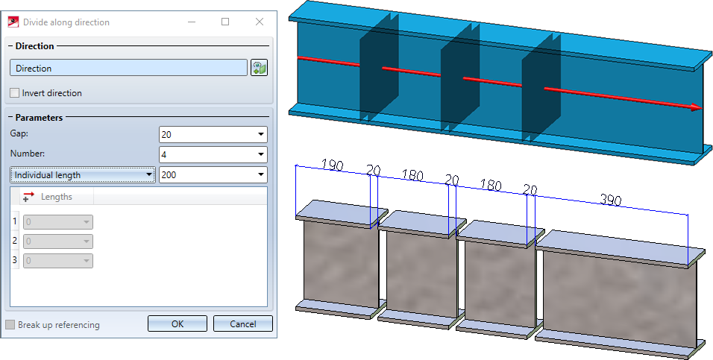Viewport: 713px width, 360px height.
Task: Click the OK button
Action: [x=177, y=324]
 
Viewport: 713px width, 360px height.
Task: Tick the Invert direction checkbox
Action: [x=15, y=93]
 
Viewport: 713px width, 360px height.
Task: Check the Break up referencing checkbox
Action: [x=10, y=325]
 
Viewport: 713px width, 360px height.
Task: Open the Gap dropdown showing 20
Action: [x=213, y=134]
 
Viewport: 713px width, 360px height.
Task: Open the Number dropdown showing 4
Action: [x=213, y=154]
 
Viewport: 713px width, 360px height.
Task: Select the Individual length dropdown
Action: [x=83, y=175]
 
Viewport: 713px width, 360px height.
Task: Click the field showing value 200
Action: [x=213, y=175]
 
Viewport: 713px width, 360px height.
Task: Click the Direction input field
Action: [x=128, y=68]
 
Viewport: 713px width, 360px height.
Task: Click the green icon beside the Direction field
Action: [x=259, y=68]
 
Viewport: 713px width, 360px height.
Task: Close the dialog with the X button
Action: [x=259, y=22]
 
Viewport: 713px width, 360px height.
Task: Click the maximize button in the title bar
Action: [x=225, y=22]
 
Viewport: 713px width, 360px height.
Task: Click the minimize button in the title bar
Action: [x=192, y=22]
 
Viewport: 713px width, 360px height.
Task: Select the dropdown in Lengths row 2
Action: [x=58, y=241]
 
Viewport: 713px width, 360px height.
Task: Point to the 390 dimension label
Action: [x=610, y=199]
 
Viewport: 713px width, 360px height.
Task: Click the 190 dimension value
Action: [x=331, y=165]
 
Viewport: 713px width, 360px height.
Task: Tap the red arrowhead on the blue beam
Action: [x=695, y=107]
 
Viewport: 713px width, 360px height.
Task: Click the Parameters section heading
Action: [x=39, y=117]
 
